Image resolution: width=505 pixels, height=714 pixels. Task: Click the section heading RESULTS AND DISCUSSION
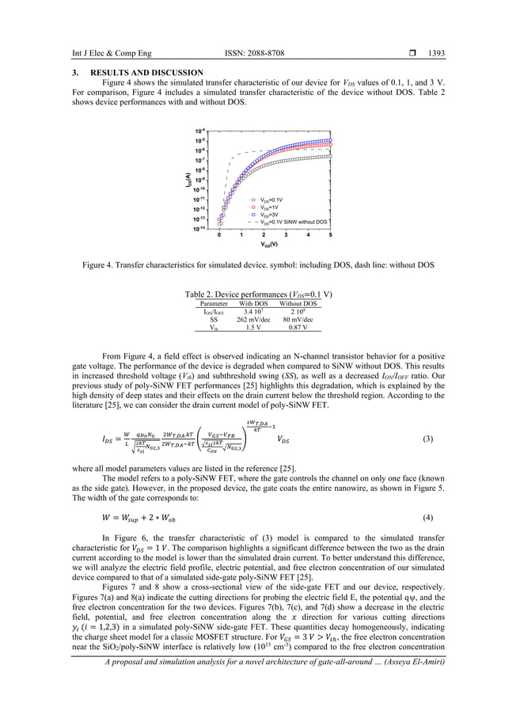click(x=138, y=73)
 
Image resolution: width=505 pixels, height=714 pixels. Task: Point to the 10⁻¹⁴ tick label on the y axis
click(x=202, y=228)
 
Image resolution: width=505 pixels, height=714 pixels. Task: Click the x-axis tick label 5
click(x=330, y=235)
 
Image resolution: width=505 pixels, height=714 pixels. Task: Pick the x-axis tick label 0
click(x=219, y=235)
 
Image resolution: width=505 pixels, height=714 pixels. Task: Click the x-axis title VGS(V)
click(x=275, y=245)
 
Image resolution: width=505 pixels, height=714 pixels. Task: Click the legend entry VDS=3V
click(x=272, y=215)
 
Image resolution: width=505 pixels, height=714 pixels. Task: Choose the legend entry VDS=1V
click(x=272, y=207)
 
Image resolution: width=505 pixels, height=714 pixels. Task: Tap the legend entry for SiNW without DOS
click(x=294, y=222)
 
